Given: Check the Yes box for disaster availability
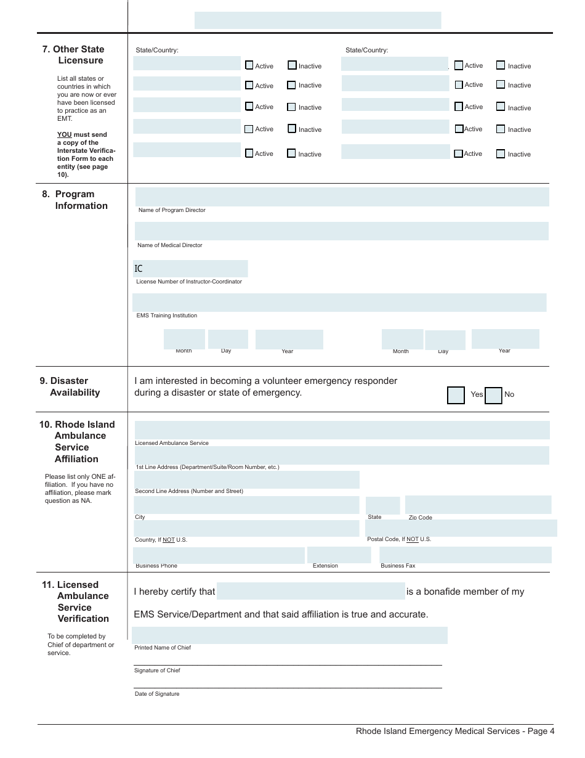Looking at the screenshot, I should (x=456, y=395).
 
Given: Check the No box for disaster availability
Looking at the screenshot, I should (x=493, y=395).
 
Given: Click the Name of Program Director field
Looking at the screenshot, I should (x=342, y=197).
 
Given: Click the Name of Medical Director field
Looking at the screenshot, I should (x=342, y=231).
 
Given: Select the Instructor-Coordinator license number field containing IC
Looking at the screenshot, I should (x=191, y=269).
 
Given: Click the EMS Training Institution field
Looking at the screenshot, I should (x=339, y=303).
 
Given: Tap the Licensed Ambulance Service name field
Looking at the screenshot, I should (x=342, y=430).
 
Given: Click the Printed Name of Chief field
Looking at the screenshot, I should (x=289, y=635).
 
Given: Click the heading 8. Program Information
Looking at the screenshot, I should (x=75, y=200).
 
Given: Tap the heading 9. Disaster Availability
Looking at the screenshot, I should (x=70, y=386).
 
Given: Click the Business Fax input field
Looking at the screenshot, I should (x=465, y=555).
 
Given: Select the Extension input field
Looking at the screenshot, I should (x=339, y=555).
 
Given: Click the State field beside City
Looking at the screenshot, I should (x=382, y=505).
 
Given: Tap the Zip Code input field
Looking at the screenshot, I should (x=478, y=504).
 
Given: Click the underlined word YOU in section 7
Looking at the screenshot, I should (x=64, y=134).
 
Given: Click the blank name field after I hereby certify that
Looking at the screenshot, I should (x=311, y=592).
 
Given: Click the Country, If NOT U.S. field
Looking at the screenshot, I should (x=246, y=528).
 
